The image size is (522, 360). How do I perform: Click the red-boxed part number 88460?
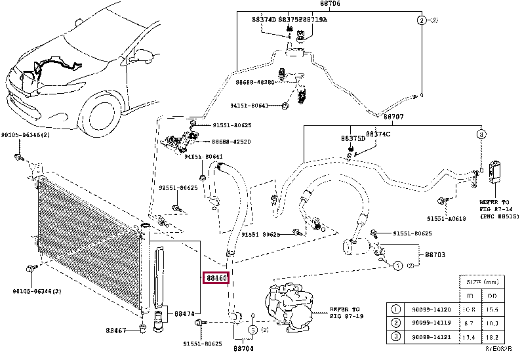(216, 278)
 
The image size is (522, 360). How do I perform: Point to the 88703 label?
(435, 253)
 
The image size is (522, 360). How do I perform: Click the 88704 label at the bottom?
(243, 348)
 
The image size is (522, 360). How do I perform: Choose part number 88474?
(184, 314)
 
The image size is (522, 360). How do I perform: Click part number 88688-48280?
(254, 83)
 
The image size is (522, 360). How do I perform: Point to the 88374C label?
(378, 134)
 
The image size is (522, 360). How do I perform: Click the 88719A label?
(314, 20)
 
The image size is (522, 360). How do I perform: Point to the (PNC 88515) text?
(499, 216)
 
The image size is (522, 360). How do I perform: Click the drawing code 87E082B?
(502, 350)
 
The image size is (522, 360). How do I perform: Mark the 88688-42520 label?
(231, 141)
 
